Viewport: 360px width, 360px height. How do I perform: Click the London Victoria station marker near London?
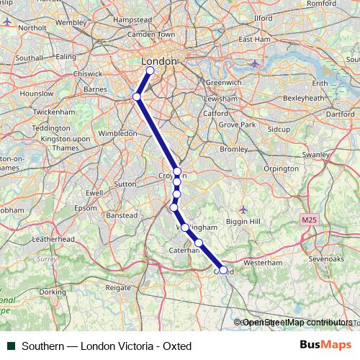pyautogui.click(x=150, y=71)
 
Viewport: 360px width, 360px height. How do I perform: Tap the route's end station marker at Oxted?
pyautogui.click(x=223, y=270)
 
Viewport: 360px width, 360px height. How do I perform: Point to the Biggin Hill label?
pyautogui.click(x=243, y=222)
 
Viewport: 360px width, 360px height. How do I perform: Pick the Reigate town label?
pyautogui.click(x=118, y=287)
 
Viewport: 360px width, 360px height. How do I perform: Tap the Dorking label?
pyautogui.click(x=53, y=292)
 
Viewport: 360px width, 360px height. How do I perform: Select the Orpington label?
pyautogui.click(x=261, y=168)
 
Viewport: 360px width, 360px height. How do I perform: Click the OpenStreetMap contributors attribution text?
pyautogui.click(x=297, y=323)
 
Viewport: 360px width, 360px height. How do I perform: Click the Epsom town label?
pyautogui.click(x=85, y=208)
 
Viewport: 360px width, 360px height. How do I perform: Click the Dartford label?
pyautogui.click(x=341, y=114)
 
